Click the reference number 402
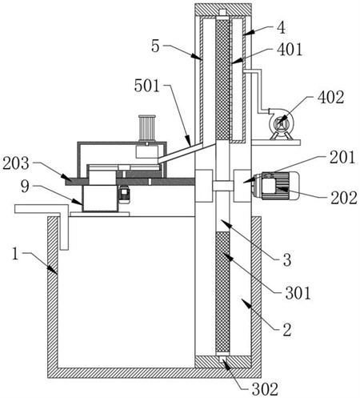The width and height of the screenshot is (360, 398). (x=330, y=98)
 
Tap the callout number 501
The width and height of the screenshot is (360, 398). (x=147, y=86)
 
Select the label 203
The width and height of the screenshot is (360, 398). (x=16, y=163)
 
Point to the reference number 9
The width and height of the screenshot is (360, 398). (x=25, y=187)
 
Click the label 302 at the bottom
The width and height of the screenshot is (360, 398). (x=266, y=389)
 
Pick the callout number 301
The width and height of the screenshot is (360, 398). (x=298, y=293)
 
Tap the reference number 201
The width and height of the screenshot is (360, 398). (x=342, y=158)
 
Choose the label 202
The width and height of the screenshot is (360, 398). (x=344, y=199)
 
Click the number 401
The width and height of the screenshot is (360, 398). (x=290, y=50)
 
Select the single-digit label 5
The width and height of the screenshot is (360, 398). (x=155, y=46)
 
